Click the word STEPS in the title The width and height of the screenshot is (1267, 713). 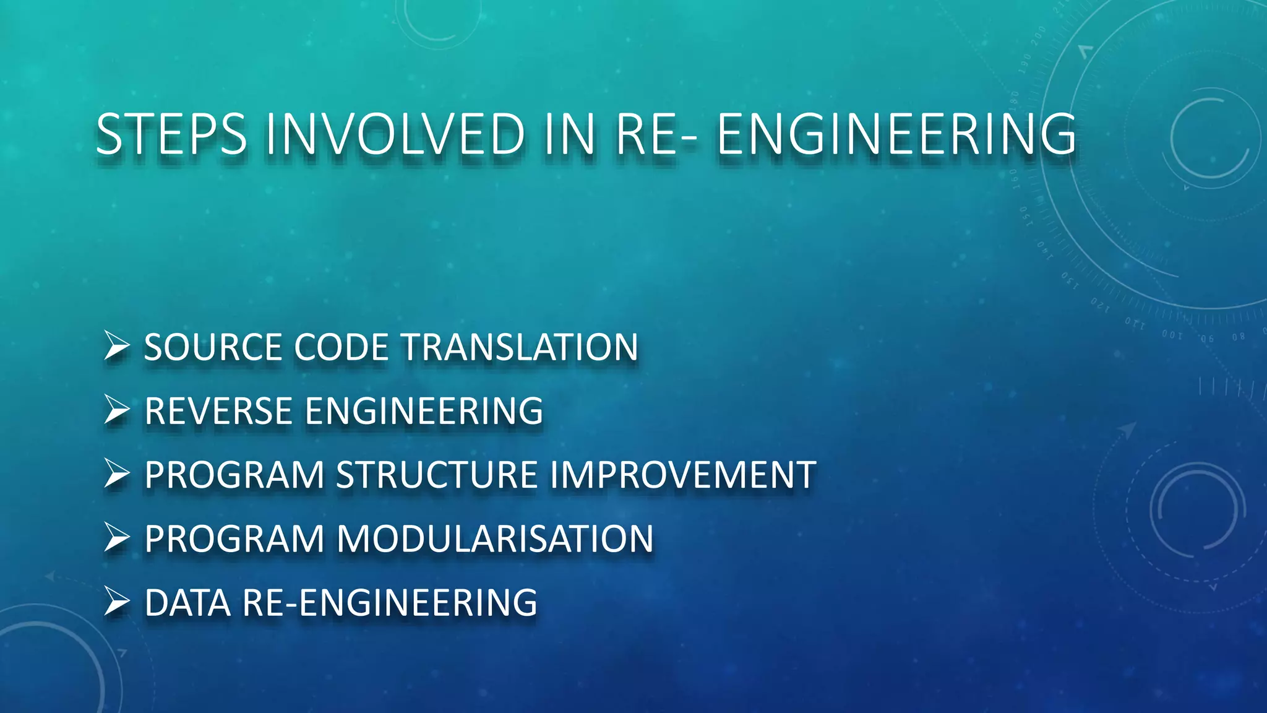click(x=171, y=134)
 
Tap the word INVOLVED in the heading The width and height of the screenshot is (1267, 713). click(x=395, y=134)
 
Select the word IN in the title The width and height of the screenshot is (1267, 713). click(x=570, y=134)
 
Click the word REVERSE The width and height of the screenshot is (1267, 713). click(x=218, y=411)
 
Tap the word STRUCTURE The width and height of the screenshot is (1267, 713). click(x=437, y=475)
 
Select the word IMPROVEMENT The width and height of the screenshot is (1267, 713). click(x=682, y=475)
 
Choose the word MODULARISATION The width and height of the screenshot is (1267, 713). click(x=495, y=539)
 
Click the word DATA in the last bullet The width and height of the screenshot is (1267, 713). click(x=187, y=603)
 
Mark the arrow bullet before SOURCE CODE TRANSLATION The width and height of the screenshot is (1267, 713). click(x=116, y=346)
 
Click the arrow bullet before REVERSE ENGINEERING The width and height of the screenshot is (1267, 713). click(x=116, y=410)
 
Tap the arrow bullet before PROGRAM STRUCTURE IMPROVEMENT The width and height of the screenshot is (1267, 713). click(x=116, y=474)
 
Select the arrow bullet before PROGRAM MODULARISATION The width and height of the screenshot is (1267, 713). click(x=116, y=538)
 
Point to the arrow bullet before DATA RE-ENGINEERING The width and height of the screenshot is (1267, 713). click(x=116, y=602)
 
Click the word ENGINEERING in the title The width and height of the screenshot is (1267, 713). click(x=896, y=134)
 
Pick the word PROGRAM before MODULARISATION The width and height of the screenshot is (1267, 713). click(x=234, y=539)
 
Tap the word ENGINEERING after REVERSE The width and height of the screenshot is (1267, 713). click(x=424, y=411)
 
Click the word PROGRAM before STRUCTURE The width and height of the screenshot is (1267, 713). click(x=234, y=475)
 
